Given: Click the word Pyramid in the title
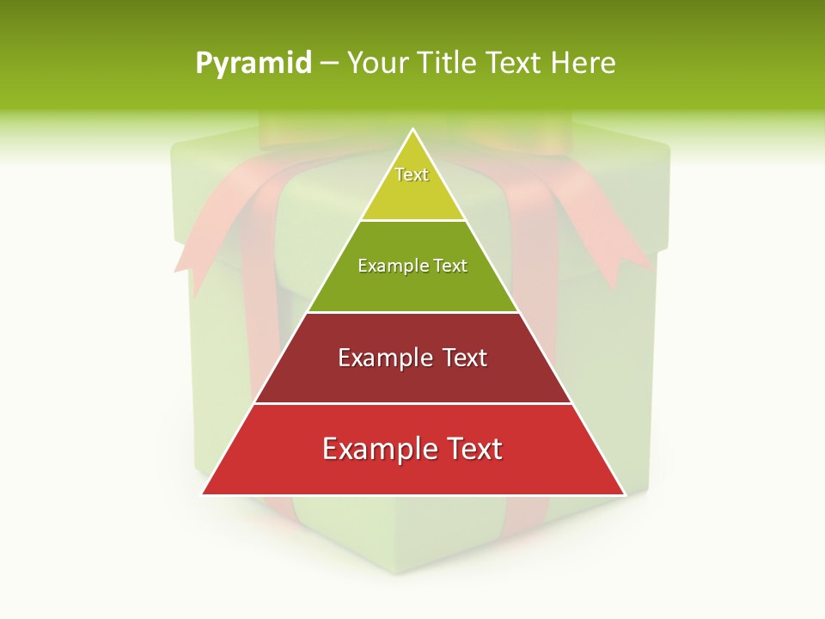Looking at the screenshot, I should coord(254,64).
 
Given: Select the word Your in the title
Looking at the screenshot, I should coord(375,63).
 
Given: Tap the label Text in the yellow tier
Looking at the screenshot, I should coord(412,175).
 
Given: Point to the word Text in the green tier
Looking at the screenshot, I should coord(450,266).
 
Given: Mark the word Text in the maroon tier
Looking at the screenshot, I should coord(464,358).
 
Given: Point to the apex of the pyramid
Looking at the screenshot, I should coord(413,131).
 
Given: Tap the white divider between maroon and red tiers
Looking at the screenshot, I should coord(412,403).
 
